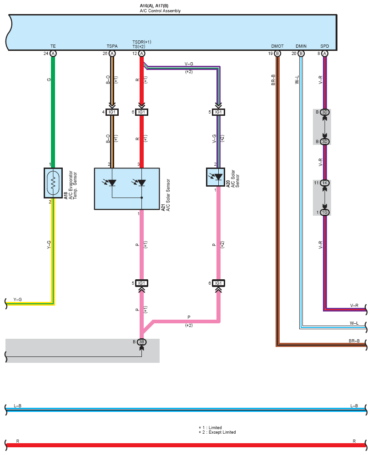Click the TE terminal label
[x=53, y=46]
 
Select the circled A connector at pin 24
[x=53, y=54]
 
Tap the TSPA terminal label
[x=112, y=46]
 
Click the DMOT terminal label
[x=277, y=46]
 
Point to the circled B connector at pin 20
[x=301, y=54]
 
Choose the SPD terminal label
[x=325, y=46]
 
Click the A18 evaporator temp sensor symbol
[x=53, y=183]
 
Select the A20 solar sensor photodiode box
[x=216, y=177]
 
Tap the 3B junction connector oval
[x=141, y=342]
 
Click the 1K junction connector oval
[x=325, y=183]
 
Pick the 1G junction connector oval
[x=325, y=213]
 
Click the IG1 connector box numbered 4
[x=112, y=112]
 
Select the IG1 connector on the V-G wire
[x=218, y=112]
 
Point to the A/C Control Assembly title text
[x=160, y=11]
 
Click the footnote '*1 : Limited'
[x=210, y=427]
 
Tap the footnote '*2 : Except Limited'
[x=217, y=432]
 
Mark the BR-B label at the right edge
[x=354, y=341]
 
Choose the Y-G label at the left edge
[x=17, y=299]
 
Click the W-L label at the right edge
[x=354, y=323]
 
